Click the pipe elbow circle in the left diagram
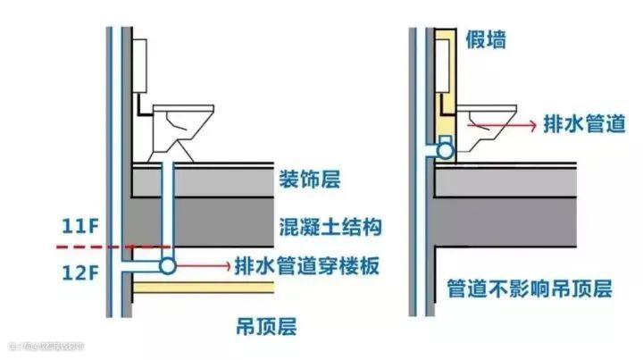pyautogui.click(x=166, y=265)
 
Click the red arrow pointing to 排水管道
pyautogui.click(x=500, y=126)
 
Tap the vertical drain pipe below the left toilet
pyautogui.click(x=166, y=210)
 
